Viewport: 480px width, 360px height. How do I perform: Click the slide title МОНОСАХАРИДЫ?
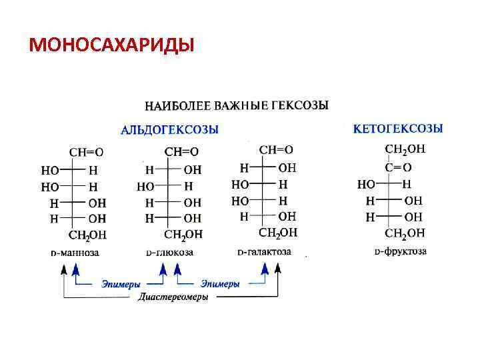[x=112, y=45]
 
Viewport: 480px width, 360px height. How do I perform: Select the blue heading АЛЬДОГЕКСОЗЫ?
[x=169, y=129]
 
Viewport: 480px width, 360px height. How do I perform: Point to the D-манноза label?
[x=75, y=253]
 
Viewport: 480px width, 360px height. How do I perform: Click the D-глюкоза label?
[x=170, y=253]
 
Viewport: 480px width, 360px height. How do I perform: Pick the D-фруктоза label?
[x=400, y=252]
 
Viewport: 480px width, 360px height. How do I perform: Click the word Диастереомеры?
[x=173, y=297]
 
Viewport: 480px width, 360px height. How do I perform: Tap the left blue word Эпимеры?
[x=121, y=284]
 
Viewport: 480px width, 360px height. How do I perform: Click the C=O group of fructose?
[x=398, y=167]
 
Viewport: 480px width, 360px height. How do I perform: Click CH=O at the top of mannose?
[x=87, y=152]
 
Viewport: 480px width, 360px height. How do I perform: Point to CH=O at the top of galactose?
[x=276, y=150]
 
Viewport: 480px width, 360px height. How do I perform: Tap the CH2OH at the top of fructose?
[x=405, y=150]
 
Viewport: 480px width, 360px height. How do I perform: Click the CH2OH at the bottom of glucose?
[x=183, y=235]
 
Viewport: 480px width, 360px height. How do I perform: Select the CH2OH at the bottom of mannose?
[x=88, y=235]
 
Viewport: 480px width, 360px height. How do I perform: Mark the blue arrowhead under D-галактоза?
[x=265, y=269]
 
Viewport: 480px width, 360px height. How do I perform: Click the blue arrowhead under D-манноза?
[x=76, y=269]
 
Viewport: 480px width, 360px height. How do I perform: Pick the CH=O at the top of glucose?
[x=181, y=152]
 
